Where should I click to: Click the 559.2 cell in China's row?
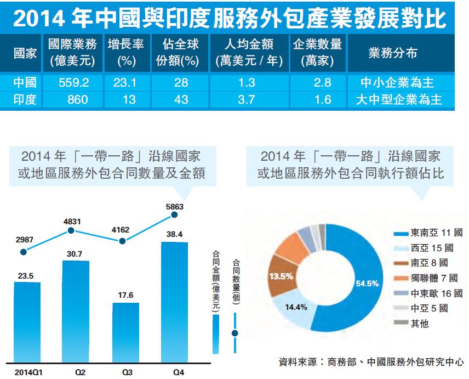pyautogui.click(x=73, y=83)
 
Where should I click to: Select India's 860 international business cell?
pyautogui.click(x=73, y=99)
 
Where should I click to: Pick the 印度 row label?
pyautogui.click(x=25, y=99)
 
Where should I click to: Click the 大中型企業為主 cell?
pyautogui.click(x=399, y=99)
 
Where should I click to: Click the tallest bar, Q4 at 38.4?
pyautogui.click(x=174, y=302)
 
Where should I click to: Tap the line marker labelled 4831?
pyautogui.click(x=71, y=231)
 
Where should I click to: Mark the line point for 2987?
pyautogui.click(x=23, y=252)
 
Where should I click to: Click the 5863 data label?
pyautogui.click(x=174, y=207)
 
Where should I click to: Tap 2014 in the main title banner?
pyautogui.click(x=38, y=18)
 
